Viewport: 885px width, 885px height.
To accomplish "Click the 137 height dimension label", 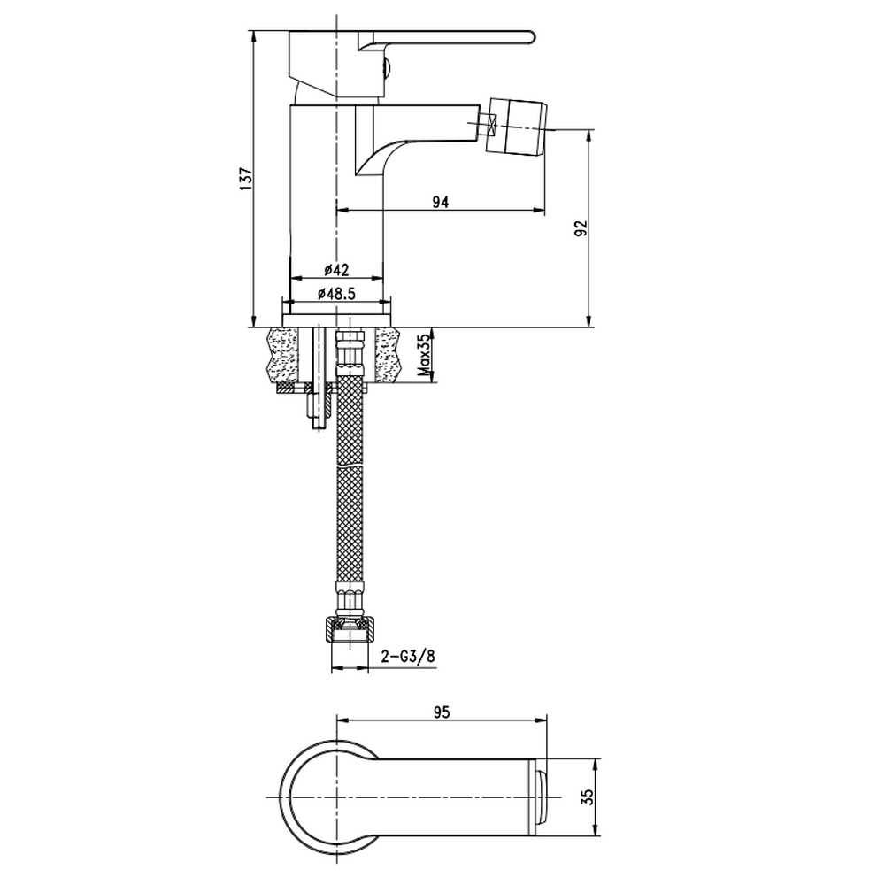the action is tap(247, 179).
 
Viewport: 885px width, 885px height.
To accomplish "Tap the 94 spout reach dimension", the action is tap(440, 202).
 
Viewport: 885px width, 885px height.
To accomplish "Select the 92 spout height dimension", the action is tap(581, 228).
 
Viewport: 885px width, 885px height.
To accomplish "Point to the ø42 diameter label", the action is tap(337, 270).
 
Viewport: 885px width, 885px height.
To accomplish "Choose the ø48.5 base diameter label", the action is tap(337, 294).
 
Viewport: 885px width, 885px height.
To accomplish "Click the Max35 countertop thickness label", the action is tap(424, 355).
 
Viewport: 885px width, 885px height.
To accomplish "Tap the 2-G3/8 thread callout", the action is tap(408, 657).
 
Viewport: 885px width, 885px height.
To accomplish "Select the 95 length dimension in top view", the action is tap(442, 712).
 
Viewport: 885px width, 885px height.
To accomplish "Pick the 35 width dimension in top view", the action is tap(588, 796).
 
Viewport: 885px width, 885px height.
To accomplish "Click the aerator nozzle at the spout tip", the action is tap(518, 126).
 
